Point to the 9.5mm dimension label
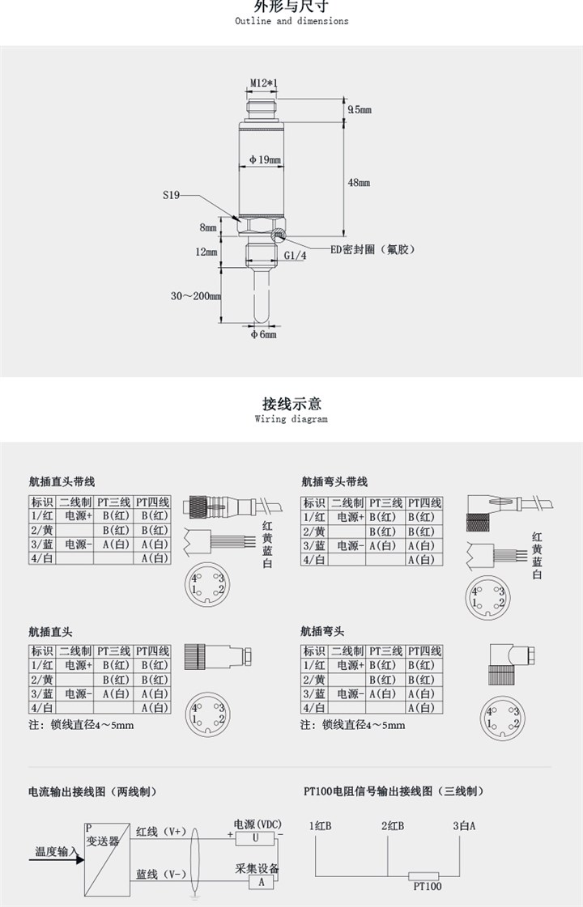click(x=359, y=109)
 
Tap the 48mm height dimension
click(x=359, y=184)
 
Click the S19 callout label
click(x=170, y=195)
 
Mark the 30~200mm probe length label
click(x=196, y=296)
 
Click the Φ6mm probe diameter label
click(x=262, y=334)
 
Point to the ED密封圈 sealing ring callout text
click(x=372, y=249)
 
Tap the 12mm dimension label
click(x=206, y=252)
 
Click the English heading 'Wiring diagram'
click(x=291, y=419)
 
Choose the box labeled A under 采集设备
click(x=261, y=882)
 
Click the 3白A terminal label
click(x=464, y=826)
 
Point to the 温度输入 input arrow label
click(x=56, y=851)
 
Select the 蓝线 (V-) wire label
click(x=161, y=874)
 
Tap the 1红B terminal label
click(x=321, y=826)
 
